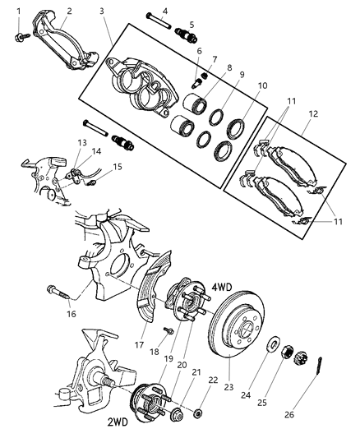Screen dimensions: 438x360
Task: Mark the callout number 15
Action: coord(118,167)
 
